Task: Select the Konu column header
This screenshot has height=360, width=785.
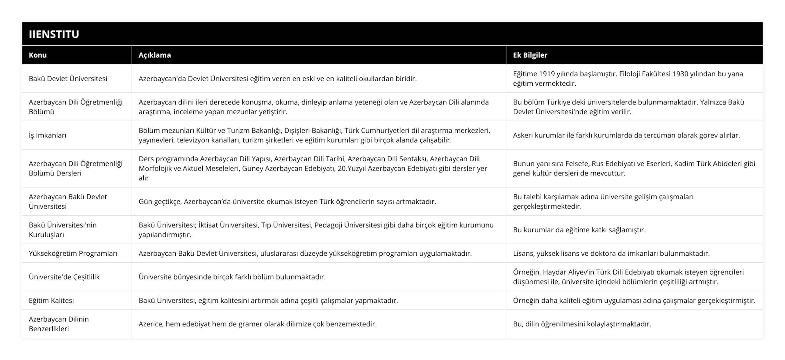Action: pos(38,55)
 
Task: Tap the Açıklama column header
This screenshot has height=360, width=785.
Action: pos(154,55)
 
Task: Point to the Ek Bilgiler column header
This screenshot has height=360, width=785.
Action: pos(530,55)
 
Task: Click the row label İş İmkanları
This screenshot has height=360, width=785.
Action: pos(48,135)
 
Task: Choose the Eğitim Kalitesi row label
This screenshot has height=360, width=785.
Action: pos(51,300)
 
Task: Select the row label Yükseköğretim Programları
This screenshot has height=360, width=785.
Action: pos(73,253)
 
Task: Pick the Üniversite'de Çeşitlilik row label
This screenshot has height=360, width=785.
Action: pos(64,277)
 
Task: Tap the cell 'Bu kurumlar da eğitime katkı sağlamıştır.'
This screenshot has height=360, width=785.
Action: pos(579,230)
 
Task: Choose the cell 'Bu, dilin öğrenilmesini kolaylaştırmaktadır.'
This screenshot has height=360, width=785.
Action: pos(582,324)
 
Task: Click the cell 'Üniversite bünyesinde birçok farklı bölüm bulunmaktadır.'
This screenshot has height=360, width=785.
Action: pos(232,277)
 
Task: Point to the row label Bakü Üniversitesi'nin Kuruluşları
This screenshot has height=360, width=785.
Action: pos(63,230)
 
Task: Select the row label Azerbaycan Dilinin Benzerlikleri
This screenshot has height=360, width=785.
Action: pos(58,324)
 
